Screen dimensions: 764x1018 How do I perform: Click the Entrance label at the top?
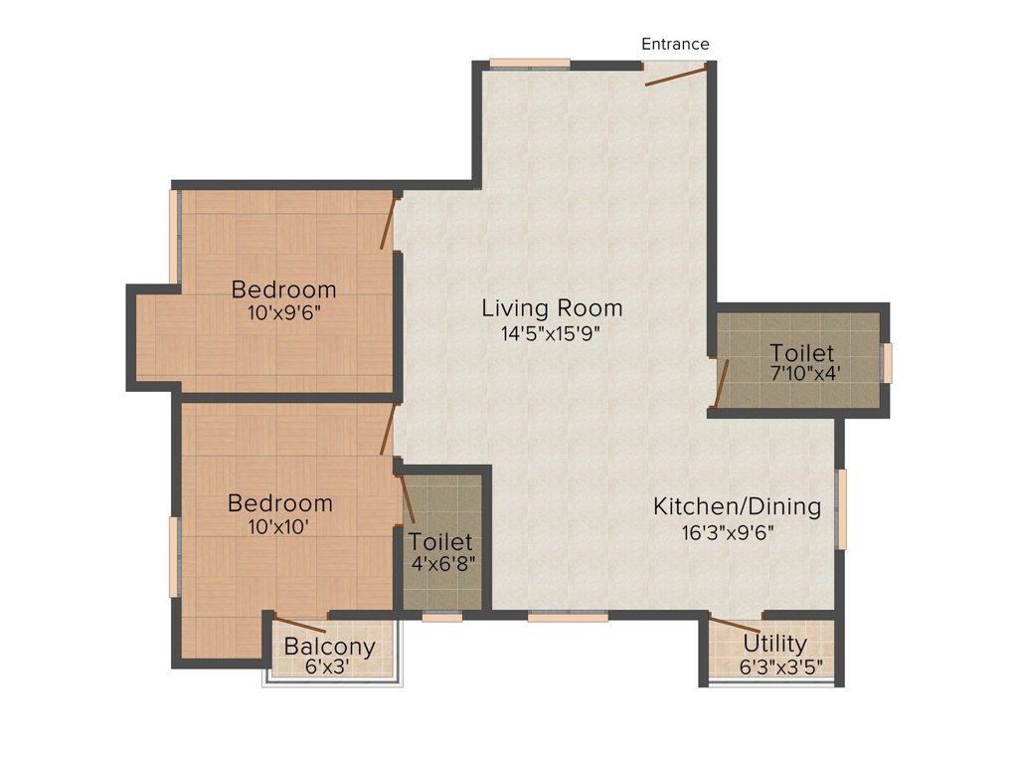(675, 44)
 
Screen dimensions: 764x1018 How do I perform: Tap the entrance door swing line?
(676, 76)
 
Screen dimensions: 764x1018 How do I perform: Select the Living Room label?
(552, 307)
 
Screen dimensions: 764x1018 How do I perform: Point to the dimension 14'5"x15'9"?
(552, 333)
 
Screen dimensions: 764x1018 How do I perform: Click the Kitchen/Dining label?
(737, 506)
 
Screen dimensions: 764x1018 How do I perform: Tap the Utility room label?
(774, 644)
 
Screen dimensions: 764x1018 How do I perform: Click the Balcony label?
(330, 647)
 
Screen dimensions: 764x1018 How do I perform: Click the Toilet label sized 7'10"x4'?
(801, 353)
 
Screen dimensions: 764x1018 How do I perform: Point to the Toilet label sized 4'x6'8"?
(440, 542)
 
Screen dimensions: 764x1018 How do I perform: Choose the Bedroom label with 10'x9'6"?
(283, 289)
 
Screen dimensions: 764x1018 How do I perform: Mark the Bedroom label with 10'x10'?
(279, 502)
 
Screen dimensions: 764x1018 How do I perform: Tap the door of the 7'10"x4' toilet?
(722, 384)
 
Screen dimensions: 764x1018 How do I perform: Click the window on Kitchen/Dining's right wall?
(842, 508)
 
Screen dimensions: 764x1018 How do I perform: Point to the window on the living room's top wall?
(530, 64)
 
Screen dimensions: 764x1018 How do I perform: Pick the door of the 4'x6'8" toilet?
(408, 498)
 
